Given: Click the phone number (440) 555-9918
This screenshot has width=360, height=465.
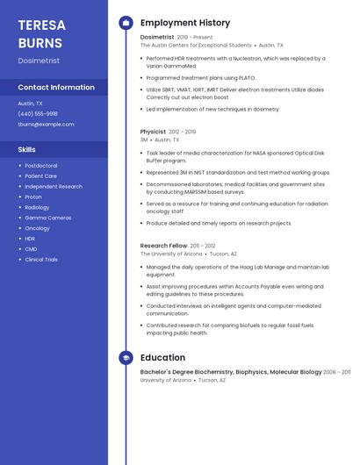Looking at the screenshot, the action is pyautogui.click(x=38, y=113).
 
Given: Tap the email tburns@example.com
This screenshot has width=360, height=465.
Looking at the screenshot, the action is pyautogui.click(x=46, y=125).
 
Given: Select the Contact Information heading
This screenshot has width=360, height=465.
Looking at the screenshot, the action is pyautogui.click(x=56, y=88).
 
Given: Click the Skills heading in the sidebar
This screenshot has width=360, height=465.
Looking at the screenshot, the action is pyautogui.click(x=26, y=150).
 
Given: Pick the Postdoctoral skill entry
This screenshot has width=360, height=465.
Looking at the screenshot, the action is pyautogui.click(x=41, y=166).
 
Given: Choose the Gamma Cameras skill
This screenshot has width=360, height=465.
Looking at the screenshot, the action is pyautogui.click(x=48, y=218).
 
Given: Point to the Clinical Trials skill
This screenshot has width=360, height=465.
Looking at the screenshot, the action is pyautogui.click(x=41, y=260).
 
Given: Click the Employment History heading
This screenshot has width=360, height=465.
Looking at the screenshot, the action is pyautogui.click(x=185, y=23).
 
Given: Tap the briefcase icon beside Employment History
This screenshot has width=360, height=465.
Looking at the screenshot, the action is pyautogui.click(x=126, y=23).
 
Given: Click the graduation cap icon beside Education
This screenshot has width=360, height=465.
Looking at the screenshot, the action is pyautogui.click(x=126, y=358).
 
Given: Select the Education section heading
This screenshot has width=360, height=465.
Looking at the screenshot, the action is pyautogui.click(x=162, y=358).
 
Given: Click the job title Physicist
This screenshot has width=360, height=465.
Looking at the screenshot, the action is pyautogui.click(x=153, y=132).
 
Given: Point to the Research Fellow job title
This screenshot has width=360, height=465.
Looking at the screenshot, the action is pyautogui.click(x=163, y=246).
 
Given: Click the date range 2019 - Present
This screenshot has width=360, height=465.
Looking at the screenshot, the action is pyautogui.click(x=195, y=38).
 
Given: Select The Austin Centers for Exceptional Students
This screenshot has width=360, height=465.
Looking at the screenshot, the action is pyautogui.click(x=196, y=46).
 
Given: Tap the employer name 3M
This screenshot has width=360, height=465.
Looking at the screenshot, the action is pyautogui.click(x=144, y=139).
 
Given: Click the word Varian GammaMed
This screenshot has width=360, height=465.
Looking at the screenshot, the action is pyautogui.click(x=168, y=67).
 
